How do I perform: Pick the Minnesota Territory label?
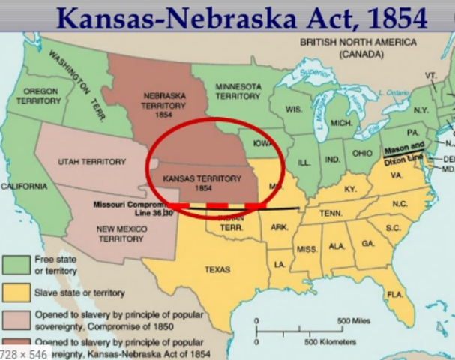[238, 91]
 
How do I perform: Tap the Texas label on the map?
[217, 269]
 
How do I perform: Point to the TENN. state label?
[331, 213]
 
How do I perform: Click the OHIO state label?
[363, 153]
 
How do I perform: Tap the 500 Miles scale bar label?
[354, 320]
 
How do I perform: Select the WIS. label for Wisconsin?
[294, 109]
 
